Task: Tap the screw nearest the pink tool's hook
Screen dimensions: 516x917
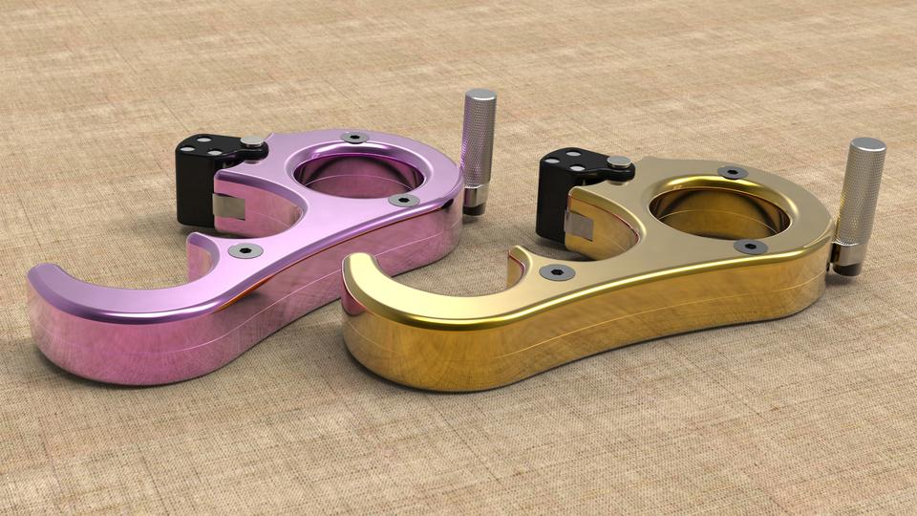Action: [245, 250]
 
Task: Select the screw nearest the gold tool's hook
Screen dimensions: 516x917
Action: [557, 272]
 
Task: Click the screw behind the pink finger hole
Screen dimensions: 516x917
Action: [354, 138]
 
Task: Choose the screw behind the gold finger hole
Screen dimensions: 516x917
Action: [732, 173]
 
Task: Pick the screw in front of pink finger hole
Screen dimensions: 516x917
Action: [403, 201]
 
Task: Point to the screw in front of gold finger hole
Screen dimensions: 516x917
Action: [750, 247]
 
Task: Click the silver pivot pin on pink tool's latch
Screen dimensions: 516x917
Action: [251, 142]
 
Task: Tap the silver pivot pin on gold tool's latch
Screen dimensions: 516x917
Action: [619, 161]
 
